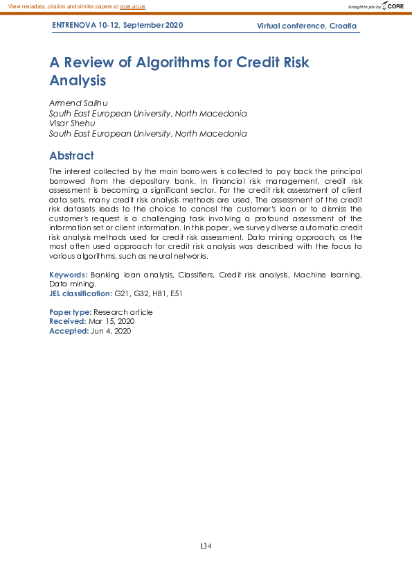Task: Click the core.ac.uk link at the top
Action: tap(132, 6)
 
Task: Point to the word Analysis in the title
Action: tap(78, 80)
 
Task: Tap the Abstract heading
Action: tap(71, 155)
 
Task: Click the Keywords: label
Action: tap(69, 275)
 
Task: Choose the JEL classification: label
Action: tap(80, 294)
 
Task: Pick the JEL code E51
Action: tap(175, 294)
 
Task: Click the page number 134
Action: tap(206, 547)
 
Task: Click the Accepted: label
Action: tap(69, 332)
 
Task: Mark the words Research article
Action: tap(123, 312)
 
